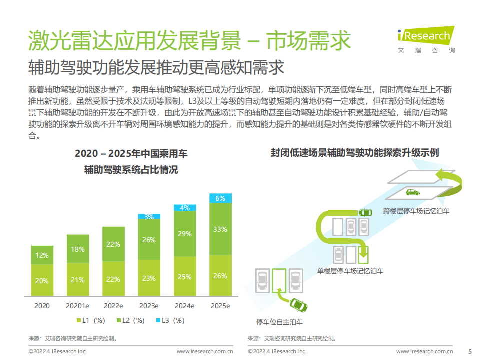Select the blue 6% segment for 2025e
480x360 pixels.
[x=220, y=198]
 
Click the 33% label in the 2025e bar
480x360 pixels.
[x=220, y=229]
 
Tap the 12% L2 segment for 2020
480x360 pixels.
[x=42, y=255]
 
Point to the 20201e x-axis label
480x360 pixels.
[x=77, y=306]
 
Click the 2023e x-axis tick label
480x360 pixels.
[x=149, y=306]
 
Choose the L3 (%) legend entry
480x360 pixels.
[x=170, y=320]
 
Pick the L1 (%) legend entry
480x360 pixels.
[x=90, y=320]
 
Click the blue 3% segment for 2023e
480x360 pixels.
[x=149, y=217]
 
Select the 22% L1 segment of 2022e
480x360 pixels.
[x=113, y=279]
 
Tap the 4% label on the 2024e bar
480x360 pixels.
[x=185, y=208]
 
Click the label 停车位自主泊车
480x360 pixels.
[x=279, y=321]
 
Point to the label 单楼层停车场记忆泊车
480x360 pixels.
[x=350, y=271]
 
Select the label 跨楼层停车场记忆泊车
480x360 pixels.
[x=416, y=211]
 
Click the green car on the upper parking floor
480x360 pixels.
[x=413, y=192]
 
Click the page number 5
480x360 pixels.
[x=469, y=351]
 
